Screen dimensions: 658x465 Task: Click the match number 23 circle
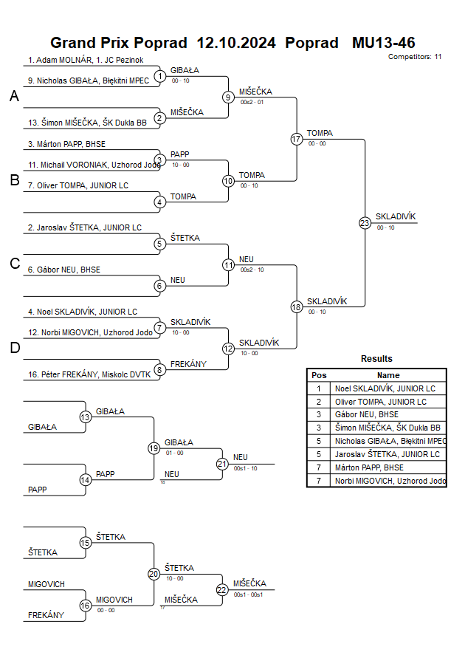(x=365, y=223)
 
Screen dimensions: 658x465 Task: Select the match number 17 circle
(x=297, y=139)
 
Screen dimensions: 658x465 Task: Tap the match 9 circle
(x=229, y=97)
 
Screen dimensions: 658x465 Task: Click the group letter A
(x=14, y=96)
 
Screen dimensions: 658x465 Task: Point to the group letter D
(x=14, y=349)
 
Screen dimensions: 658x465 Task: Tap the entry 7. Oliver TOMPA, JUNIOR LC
(x=78, y=185)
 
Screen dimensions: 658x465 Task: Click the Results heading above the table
(x=376, y=359)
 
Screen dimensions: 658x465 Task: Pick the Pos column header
(x=319, y=375)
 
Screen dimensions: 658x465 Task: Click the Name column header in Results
(x=388, y=375)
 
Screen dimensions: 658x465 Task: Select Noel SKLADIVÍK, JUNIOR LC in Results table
(x=385, y=388)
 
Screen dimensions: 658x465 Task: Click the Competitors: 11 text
(x=415, y=56)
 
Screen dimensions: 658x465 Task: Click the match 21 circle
(x=222, y=464)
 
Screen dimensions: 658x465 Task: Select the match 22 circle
(x=222, y=589)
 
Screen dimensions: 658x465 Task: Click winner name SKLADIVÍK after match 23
(x=396, y=216)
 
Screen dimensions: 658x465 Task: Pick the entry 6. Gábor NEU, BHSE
(x=63, y=270)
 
